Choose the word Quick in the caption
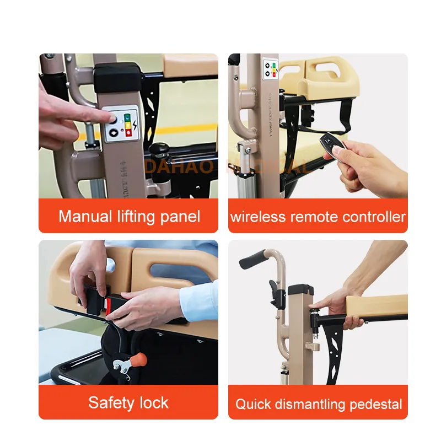coord(251,404)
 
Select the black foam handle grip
coord(255,258)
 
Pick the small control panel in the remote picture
coord(271,72)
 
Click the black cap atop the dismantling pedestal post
coord(300,289)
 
